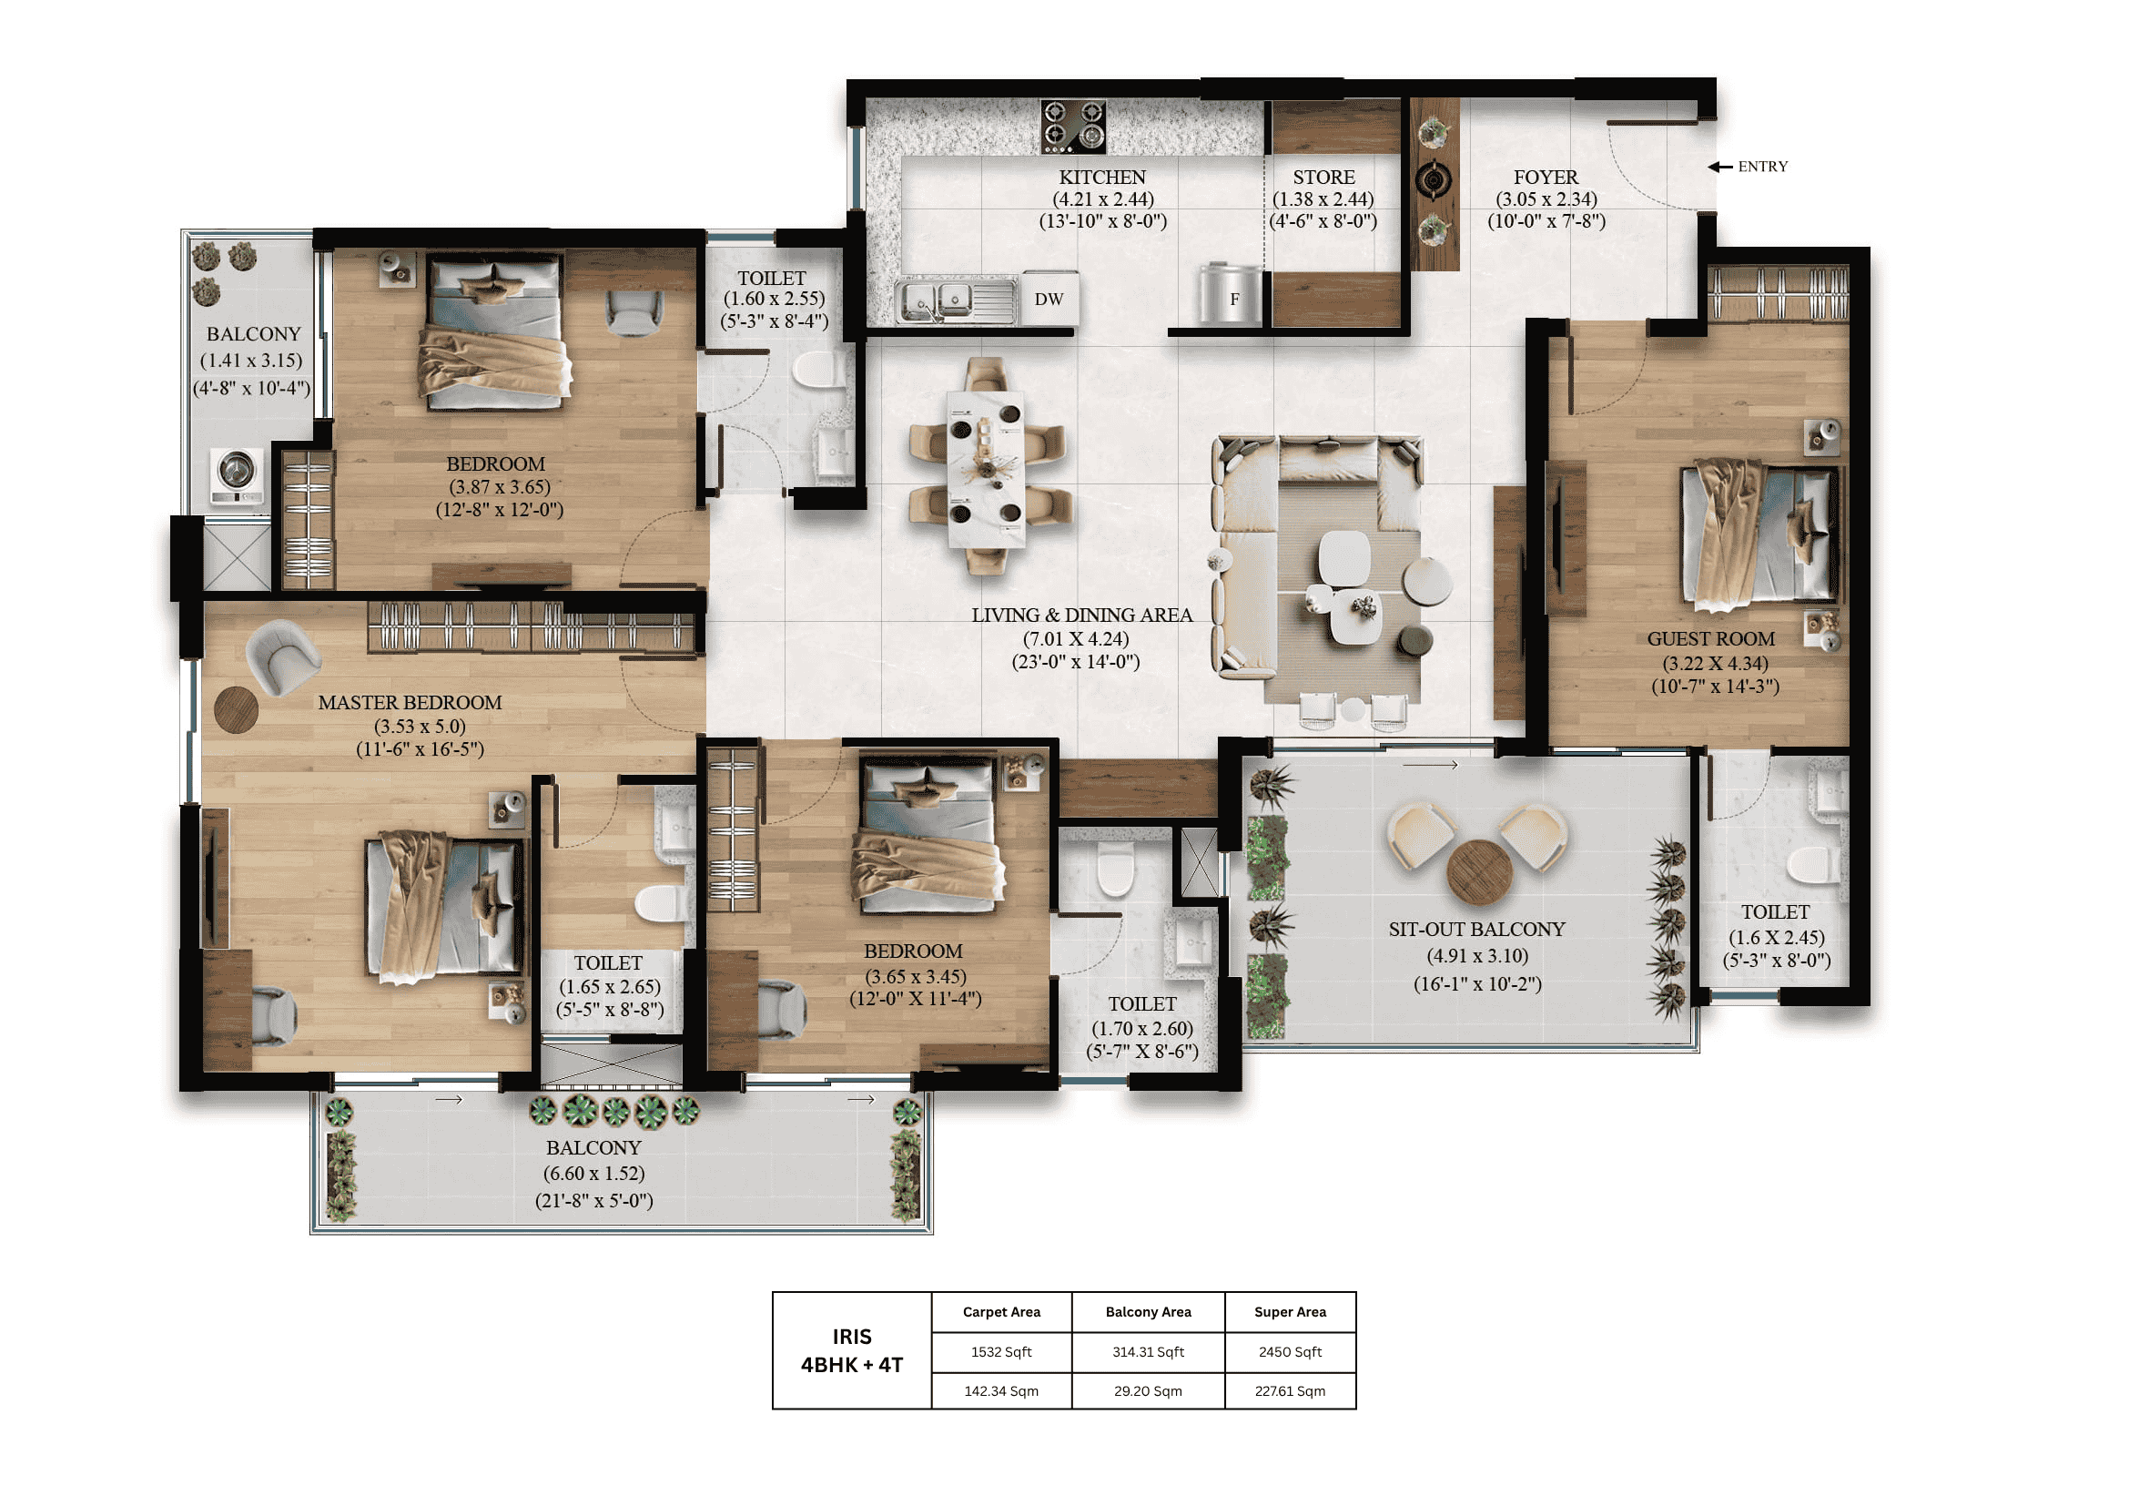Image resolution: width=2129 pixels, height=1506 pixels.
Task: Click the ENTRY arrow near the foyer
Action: point(1720,167)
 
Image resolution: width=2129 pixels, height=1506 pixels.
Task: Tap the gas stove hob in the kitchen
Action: point(1073,127)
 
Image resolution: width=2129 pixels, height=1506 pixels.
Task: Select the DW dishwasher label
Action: point(1049,299)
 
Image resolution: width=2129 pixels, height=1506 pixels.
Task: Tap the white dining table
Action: point(986,469)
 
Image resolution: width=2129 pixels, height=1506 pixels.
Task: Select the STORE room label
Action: point(1323,178)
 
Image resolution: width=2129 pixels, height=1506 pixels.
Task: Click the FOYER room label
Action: point(1545,178)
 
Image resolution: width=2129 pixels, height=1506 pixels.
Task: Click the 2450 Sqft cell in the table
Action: point(1290,1352)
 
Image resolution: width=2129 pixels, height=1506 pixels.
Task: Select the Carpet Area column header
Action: point(1001,1312)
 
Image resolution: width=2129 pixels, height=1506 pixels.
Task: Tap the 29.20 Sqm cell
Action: point(1148,1391)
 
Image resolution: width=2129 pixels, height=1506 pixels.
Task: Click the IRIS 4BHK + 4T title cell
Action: point(851,1350)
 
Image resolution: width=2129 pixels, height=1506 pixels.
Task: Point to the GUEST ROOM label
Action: point(1711,639)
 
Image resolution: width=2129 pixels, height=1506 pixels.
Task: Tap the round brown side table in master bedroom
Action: point(237,709)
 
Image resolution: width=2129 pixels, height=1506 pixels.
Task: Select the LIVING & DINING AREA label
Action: point(1081,615)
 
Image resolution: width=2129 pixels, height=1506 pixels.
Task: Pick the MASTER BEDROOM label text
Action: point(410,703)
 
